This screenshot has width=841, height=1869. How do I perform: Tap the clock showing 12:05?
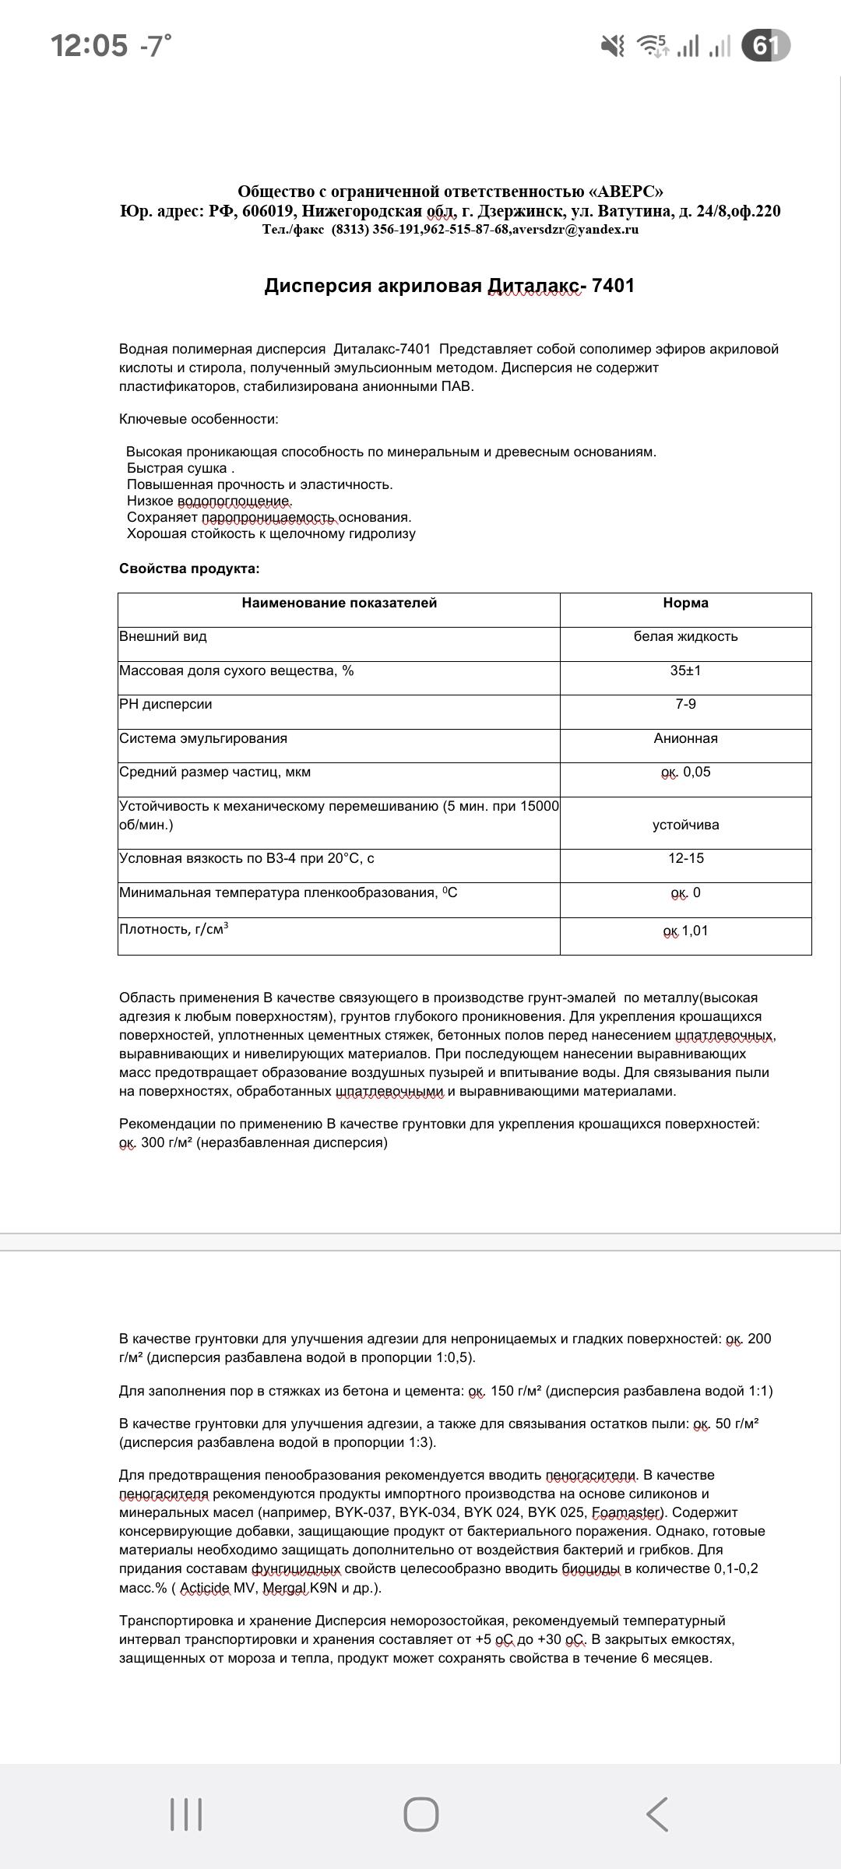pos(89,46)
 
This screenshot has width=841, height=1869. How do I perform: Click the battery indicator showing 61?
pos(765,46)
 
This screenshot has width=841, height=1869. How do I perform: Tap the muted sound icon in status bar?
pos(613,46)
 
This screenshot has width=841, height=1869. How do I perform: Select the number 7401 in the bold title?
pos(613,286)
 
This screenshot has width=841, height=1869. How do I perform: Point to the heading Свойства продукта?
pos(189,568)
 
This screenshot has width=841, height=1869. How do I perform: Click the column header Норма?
pos(685,603)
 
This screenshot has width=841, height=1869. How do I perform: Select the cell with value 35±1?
pos(685,671)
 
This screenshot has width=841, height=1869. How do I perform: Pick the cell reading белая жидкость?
pos(685,636)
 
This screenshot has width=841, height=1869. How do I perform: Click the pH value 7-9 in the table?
pos(685,704)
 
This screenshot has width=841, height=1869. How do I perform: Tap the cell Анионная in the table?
pos(685,738)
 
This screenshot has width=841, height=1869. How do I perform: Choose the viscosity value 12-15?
pos(685,858)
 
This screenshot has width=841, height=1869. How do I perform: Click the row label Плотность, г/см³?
pos(174,929)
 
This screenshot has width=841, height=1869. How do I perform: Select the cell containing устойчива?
pos(685,825)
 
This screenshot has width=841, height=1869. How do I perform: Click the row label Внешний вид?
pos(163,636)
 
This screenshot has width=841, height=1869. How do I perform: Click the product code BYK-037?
pos(364,1512)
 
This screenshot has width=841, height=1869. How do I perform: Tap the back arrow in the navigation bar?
pos(656,1814)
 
